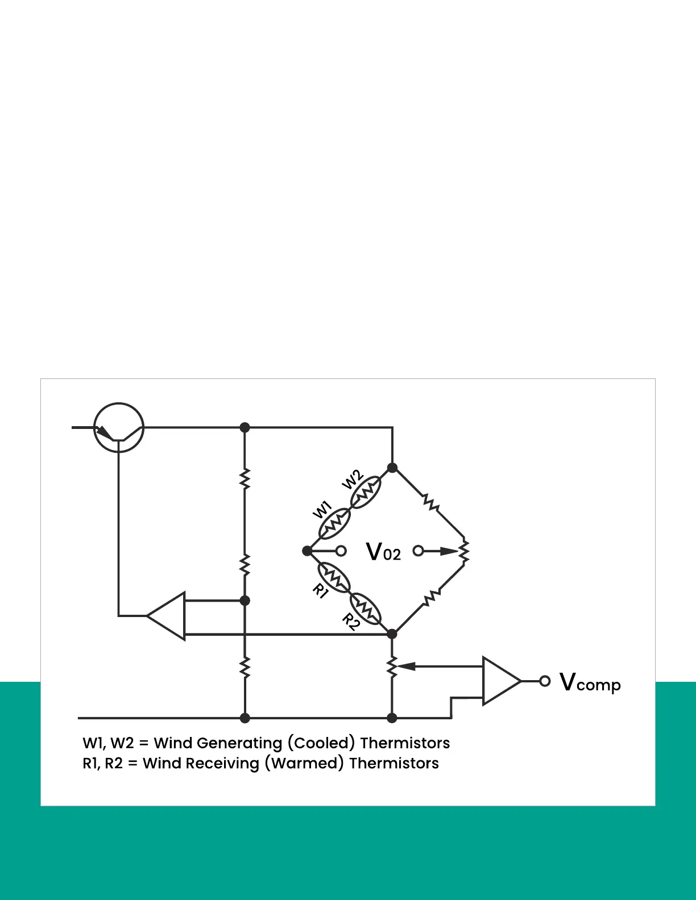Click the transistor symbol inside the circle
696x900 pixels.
tap(118, 428)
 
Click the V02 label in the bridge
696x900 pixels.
tap(383, 552)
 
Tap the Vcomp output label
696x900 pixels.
tap(590, 682)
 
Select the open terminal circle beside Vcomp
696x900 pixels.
tap(545, 681)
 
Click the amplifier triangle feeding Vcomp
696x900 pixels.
tap(500, 681)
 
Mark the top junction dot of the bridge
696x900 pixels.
tap(392, 468)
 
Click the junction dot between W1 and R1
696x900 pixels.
tap(307, 551)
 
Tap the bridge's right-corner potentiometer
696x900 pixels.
tap(464, 551)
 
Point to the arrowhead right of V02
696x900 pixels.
tap(449, 551)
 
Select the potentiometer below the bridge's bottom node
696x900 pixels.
tap(392, 666)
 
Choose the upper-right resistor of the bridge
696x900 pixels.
tap(431, 503)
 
